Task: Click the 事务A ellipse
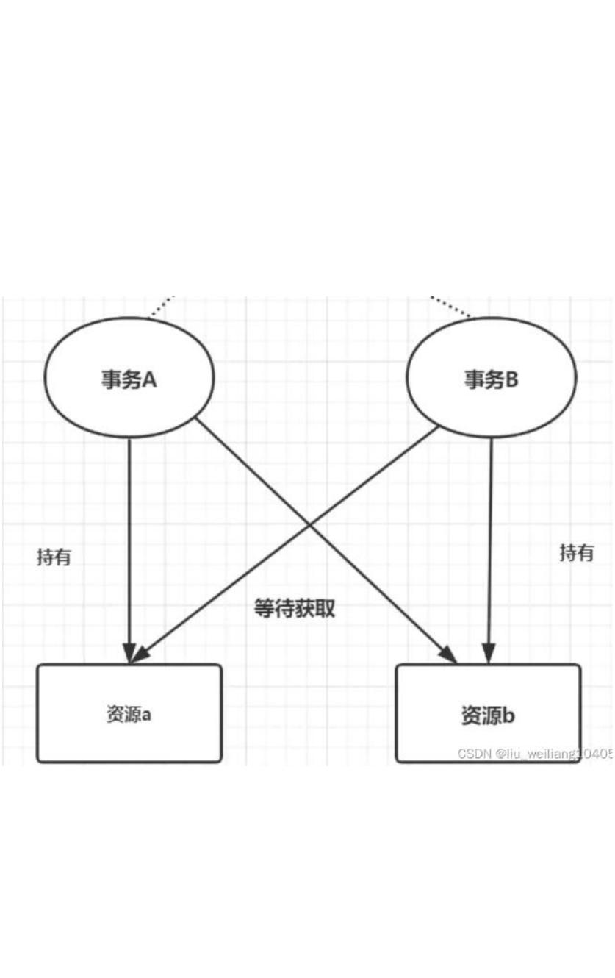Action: (129, 378)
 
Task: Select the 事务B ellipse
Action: (492, 378)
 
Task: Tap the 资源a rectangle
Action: (129, 713)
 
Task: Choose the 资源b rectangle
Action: (488, 713)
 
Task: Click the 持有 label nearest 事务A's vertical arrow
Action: (54, 557)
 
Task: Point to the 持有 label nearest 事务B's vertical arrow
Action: (577, 552)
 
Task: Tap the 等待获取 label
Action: (295, 608)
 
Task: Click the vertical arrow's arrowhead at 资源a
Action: (129, 653)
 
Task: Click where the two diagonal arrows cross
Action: (311, 527)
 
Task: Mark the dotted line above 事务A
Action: (162, 307)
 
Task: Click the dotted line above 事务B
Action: (450, 307)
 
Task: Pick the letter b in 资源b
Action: (508, 715)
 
